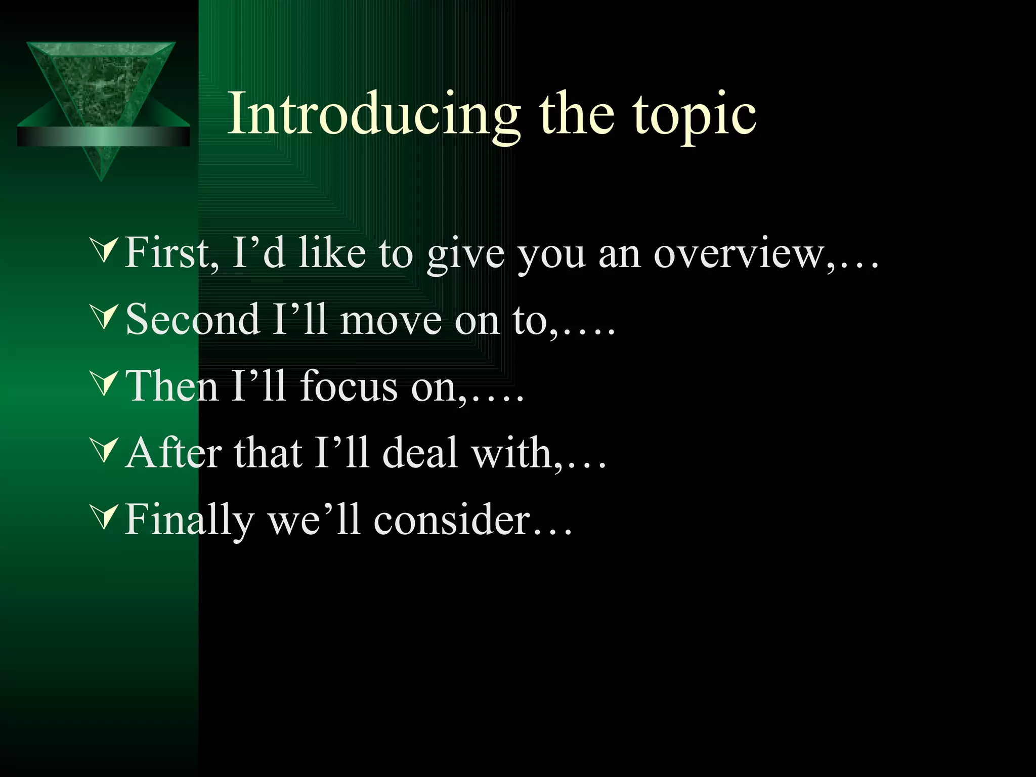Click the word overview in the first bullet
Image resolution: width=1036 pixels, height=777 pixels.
[x=739, y=253]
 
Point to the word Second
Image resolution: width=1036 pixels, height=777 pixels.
[x=192, y=319]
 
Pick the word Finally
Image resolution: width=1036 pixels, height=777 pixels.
[x=189, y=520]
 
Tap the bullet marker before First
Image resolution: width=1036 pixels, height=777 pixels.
[x=103, y=251]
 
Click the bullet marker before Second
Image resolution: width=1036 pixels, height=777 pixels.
[x=103, y=318]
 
